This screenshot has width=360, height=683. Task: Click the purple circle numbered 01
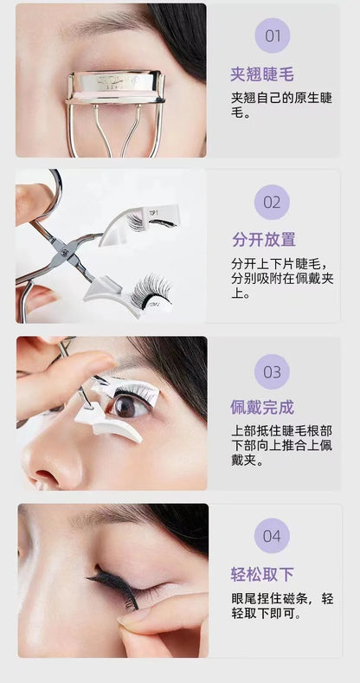tap(273, 35)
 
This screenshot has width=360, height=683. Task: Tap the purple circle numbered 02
tap(272, 202)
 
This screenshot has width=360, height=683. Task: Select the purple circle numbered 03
tap(272, 371)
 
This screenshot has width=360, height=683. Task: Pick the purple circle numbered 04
tap(272, 536)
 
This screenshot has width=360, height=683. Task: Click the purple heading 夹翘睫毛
tap(262, 74)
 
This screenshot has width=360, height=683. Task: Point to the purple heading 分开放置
tap(263, 239)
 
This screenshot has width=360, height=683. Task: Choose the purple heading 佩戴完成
tap(262, 407)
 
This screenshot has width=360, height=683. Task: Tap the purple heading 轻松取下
tap(262, 575)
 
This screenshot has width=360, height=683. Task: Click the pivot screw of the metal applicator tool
tap(65, 252)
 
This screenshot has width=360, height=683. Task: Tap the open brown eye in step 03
tap(130, 405)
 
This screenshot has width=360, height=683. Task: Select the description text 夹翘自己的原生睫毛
tap(281, 105)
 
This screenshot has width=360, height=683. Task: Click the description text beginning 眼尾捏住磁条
tap(282, 606)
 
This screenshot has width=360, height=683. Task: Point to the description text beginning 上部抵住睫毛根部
tap(281, 446)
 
